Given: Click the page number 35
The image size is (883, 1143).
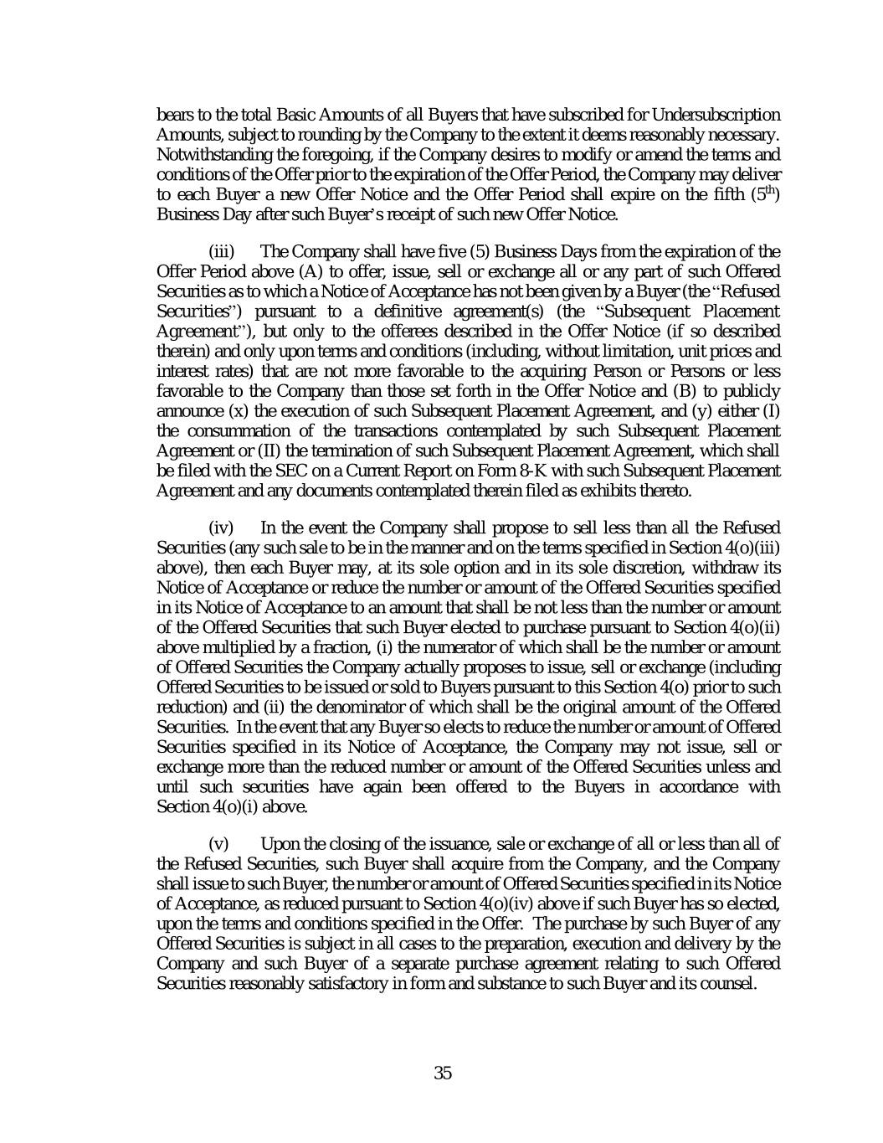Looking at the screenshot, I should tap(443, 1073).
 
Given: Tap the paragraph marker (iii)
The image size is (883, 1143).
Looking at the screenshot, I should tap(221, 252).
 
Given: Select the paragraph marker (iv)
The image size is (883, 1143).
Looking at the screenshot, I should tap(221, 528).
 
